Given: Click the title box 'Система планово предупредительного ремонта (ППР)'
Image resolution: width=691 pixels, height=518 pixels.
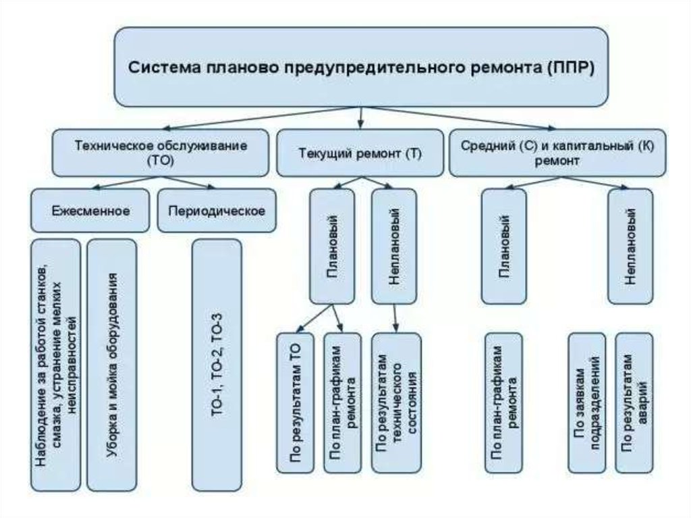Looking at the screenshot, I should (x=362, y=67).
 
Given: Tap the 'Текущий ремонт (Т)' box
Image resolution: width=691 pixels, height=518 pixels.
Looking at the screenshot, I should (x=360, y=153).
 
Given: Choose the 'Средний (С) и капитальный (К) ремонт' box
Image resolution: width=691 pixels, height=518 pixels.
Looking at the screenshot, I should (x=557, y=153).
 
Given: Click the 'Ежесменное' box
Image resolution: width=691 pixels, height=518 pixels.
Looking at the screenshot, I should (x=90, y=210).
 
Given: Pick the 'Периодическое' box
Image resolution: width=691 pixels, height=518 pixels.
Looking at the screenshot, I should (x=216, y=210).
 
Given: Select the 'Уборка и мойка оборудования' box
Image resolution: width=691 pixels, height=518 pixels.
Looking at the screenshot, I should (x=112, y=365).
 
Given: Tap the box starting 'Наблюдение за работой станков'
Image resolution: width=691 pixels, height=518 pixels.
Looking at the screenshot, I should (x=56, y=365).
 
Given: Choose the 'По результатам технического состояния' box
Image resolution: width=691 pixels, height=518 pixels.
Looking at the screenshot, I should (x=396, y=403).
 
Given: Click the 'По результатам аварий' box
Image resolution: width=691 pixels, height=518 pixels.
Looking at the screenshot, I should (x=635, y=403).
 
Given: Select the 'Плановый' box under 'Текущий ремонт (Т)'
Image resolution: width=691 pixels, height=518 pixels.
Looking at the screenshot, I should (x=332, y=246).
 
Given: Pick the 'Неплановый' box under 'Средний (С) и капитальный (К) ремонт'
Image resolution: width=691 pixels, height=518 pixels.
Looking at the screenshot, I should (x=630, y=246).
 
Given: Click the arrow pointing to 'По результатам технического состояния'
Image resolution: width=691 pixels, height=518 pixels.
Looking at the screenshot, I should (x=397, y=317).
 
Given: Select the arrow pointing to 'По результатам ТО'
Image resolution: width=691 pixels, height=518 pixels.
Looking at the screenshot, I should (x=314, y=319).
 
